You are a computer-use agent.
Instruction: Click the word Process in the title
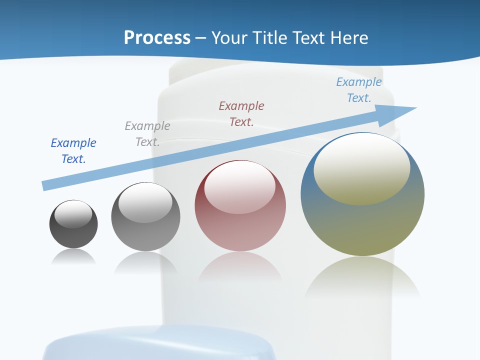point(157,38)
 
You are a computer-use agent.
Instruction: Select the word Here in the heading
point(348,38)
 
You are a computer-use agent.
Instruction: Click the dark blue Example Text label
point(73,150)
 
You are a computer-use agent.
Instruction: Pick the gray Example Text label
point(147,133)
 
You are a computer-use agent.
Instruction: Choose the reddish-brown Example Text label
point(241,113)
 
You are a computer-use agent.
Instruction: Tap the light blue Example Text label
point(359,89)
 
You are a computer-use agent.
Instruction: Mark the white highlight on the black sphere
point(73,214)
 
